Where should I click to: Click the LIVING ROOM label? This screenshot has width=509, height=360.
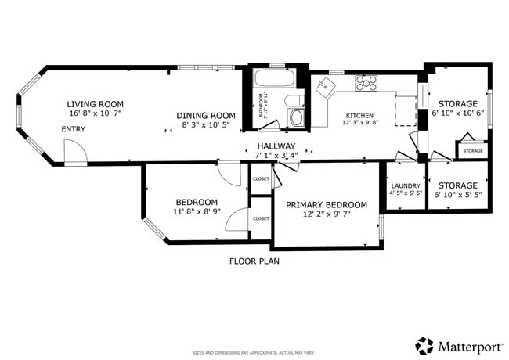[x=96, y=104]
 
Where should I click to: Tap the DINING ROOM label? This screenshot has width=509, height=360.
[x=206, y=115]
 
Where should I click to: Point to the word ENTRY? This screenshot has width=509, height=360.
[x=74, y=129]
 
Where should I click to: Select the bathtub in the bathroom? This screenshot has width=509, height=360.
[x=273, y=79]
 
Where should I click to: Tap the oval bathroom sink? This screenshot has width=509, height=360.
[x=294, y=99]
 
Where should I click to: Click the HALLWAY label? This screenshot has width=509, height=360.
[x=277, y=146]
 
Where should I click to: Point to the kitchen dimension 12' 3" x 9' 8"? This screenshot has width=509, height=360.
[x=359, y=123]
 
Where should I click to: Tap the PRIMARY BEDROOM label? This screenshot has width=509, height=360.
[x=326, y=204]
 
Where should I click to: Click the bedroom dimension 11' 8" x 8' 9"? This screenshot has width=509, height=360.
[x=196, y=211]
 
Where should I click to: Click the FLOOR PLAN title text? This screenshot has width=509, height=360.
[x=254, y=261]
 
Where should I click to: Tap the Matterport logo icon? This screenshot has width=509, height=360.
[x=424, y=345]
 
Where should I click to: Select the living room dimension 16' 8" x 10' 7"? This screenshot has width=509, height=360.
[x=96, y=113]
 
